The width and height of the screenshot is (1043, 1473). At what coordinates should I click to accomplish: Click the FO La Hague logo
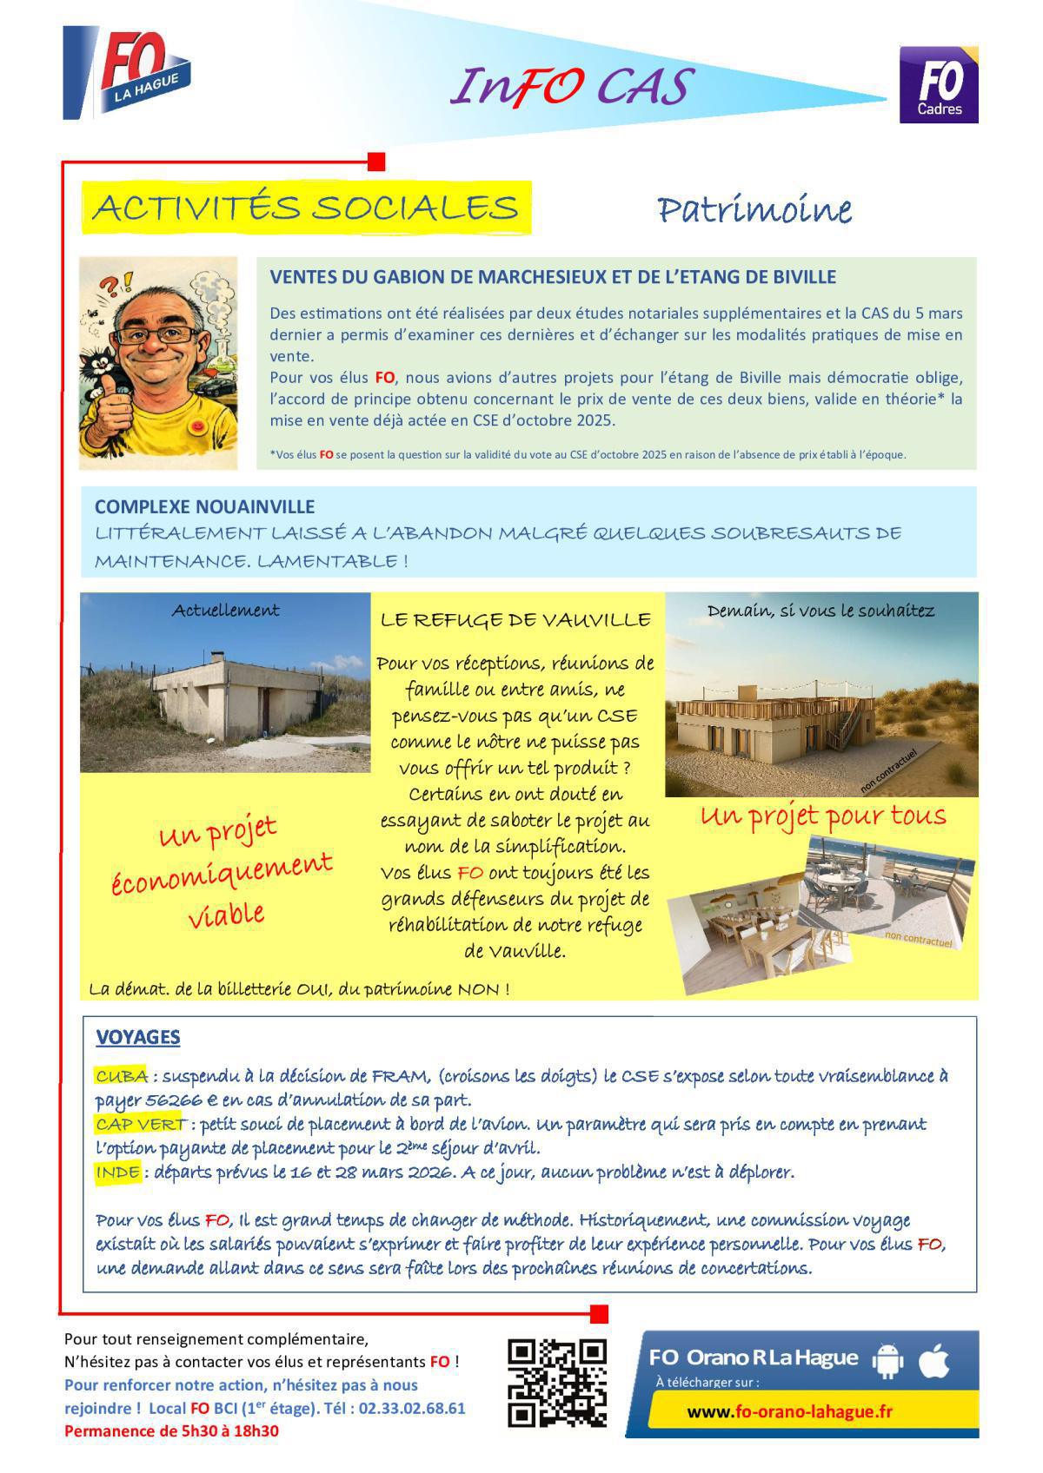pos(128,74)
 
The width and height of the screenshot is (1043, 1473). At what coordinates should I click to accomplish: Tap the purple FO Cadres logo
pos(939,85)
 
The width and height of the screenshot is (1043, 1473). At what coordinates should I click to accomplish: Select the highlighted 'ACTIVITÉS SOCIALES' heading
pos(306,208)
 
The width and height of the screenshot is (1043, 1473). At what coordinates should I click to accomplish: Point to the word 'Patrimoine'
pos(754,210)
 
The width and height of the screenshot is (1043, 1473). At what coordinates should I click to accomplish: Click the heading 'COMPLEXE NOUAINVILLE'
pos(204,506)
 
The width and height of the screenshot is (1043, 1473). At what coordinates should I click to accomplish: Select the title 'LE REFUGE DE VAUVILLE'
pos(515,620)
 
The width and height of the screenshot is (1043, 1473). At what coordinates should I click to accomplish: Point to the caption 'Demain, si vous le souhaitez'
pos(820,611)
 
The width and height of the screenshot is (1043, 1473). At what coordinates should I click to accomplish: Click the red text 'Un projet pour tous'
pos(822,816)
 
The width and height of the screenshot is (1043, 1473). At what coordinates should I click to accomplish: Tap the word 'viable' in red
pos(226,915)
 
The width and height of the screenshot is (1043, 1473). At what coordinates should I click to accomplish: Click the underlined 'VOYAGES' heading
pos(137,1037)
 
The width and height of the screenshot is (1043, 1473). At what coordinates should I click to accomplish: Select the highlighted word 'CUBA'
pos(121,1076)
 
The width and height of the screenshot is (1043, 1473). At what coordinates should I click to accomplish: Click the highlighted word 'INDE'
pos(117,1172)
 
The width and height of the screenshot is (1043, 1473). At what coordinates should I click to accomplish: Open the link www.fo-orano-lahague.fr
pos(789,1411)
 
